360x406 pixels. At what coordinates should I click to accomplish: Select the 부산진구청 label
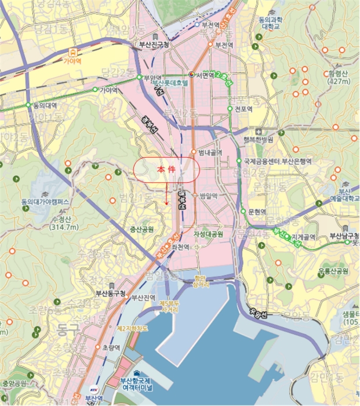152,45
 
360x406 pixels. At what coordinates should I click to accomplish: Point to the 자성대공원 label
208,234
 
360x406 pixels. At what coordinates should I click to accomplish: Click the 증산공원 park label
141,229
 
